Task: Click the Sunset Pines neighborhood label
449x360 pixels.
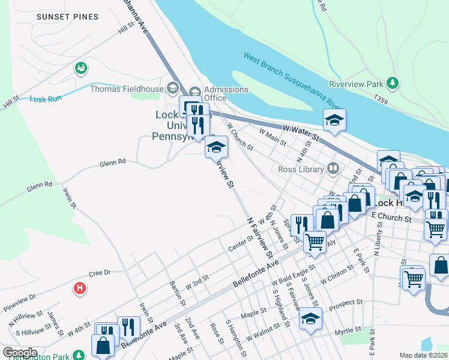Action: tap(67, 17)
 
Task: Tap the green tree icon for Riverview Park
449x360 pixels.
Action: tap(393, 82)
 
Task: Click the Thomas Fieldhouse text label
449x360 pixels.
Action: tap(126, 89)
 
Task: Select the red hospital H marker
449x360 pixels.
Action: tap(79, 289)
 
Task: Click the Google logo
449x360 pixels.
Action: tap(20, 353)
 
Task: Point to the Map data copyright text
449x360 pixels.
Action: tap(424, 355)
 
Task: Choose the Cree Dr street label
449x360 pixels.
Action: tap(100, 273)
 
